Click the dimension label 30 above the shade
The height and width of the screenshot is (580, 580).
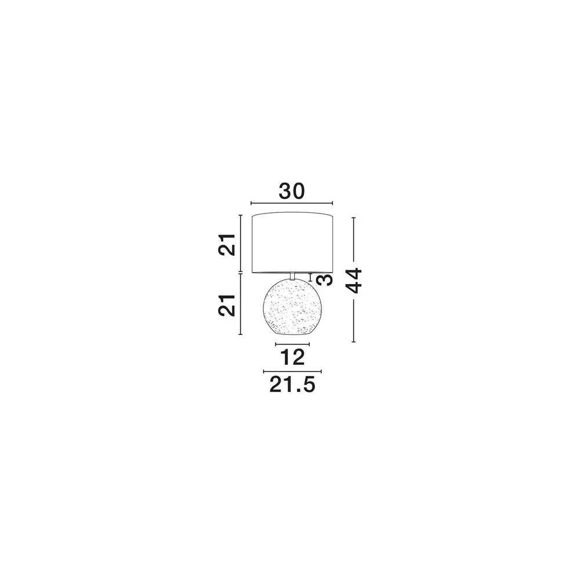pos(292,191)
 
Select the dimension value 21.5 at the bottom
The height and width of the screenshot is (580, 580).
pos(292,385)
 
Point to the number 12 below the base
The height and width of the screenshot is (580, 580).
pos(292,357)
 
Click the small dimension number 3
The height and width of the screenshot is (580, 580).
pos(325,280)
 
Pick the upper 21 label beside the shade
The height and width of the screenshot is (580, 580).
pos(227,245)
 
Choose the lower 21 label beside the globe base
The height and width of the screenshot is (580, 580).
pos(227,306)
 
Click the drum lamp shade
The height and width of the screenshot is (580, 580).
pos(292,243)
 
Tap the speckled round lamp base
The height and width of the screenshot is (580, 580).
pos(292,307)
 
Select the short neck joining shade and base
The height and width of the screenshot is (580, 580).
pos(292,276)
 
